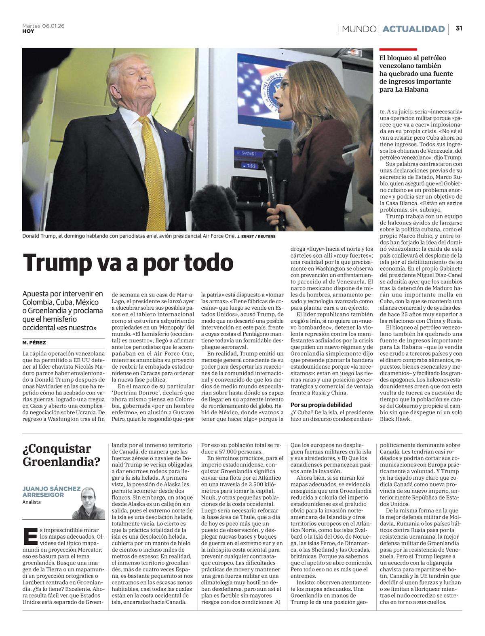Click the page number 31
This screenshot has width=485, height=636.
point(459,29)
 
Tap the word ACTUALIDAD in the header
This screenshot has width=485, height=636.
point(413,29)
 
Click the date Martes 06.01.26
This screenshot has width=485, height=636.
point(43,26)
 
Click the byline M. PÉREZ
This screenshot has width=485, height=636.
point(34,342)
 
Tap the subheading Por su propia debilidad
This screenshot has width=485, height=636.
point(321,405)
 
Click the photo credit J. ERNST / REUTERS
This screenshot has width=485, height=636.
point(256,236)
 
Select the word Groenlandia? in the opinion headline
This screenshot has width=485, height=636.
point(61,462)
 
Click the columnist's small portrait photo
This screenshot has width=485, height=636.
point(88,503)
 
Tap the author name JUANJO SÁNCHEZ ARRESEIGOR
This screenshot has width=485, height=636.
point(51,491)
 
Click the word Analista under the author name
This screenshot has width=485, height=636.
point(32,502)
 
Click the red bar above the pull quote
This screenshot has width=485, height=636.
point(398,49)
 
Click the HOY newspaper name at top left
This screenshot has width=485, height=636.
point(28,31)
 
